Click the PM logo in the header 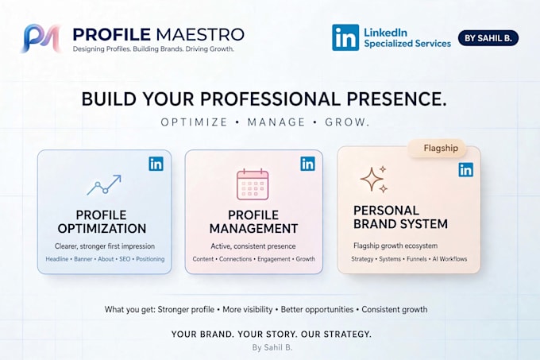[x=42, y=38]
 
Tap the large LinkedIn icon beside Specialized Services [x=345, y=37]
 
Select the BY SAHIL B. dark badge [x=488, y=38]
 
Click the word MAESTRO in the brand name [x=200, y=34]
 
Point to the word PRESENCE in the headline [x=396, y=99]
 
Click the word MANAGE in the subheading [x=276, y=122]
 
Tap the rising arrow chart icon [x=104, y=184]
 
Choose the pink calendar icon [x=253, y=184]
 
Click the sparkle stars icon [x=374, y=179]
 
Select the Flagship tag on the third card [x=437, y=148]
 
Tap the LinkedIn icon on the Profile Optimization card [x=156, y=164]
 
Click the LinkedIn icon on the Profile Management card [x=307, y=164]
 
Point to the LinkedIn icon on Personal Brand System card [x=465, y=170]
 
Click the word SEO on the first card [x=125, y=259]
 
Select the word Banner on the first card [x=83, y=259]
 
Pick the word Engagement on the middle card [x=274, y=259]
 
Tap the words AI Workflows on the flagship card [x=449, y=259]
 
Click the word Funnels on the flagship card [x=417, y=259]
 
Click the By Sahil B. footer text [x=272, y=347]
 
